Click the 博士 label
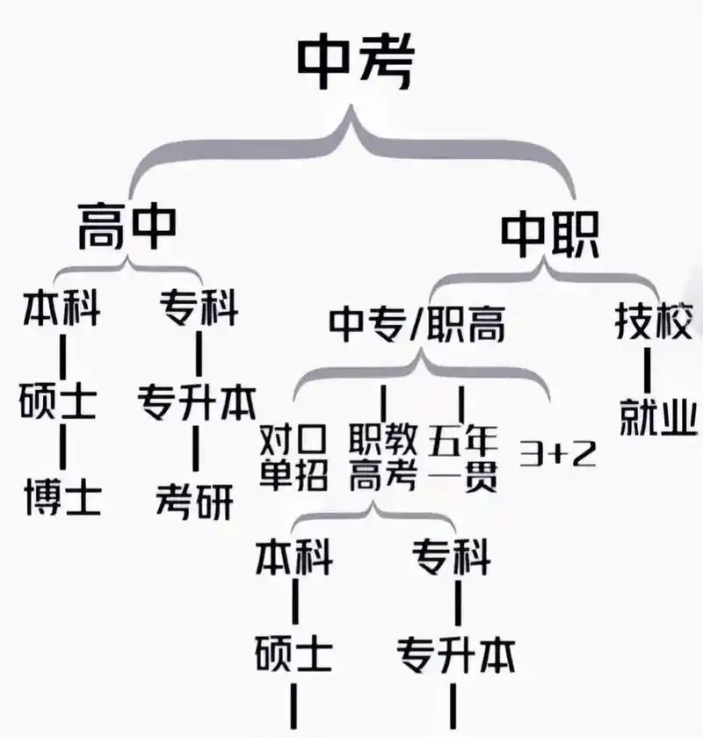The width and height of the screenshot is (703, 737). tap(61, 498)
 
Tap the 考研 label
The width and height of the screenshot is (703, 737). tap(195, 500)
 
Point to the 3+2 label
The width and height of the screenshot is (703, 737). tap(557, 453)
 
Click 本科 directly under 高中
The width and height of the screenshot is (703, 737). tap(61, 309)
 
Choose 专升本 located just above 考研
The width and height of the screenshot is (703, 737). tap(196, 401)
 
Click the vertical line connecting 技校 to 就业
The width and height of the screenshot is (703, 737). tap(648, 371)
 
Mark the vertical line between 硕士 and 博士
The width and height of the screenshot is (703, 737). tap(62, 448)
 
